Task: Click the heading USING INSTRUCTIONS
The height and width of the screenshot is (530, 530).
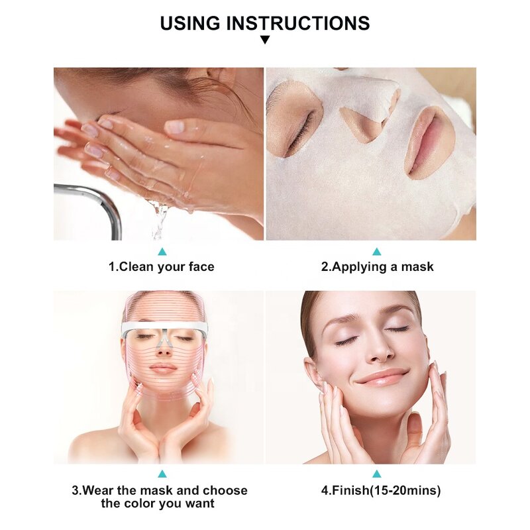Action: (x=265, y=23)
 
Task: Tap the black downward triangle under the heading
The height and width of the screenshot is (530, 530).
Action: (x=265, y=40)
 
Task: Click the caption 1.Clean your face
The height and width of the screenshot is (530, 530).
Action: (x=162, y=267)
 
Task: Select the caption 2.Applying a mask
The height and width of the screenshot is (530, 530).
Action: (x=377, y=267)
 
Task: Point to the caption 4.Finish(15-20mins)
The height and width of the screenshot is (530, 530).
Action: (x=377, y=490)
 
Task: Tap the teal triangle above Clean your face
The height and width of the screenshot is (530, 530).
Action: (x=162, y=252)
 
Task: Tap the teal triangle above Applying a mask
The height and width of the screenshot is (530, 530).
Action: (x=377, y=252)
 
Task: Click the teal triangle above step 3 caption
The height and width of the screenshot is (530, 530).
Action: (x=162, y=474)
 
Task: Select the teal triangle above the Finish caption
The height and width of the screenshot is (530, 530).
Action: (x=377, y=474)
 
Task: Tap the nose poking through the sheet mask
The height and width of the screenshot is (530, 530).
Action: (x=371, y=113)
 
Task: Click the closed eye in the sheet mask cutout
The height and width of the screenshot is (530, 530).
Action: (x=298, y=123)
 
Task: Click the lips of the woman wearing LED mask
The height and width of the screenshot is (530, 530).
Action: (x=163, y=368)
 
